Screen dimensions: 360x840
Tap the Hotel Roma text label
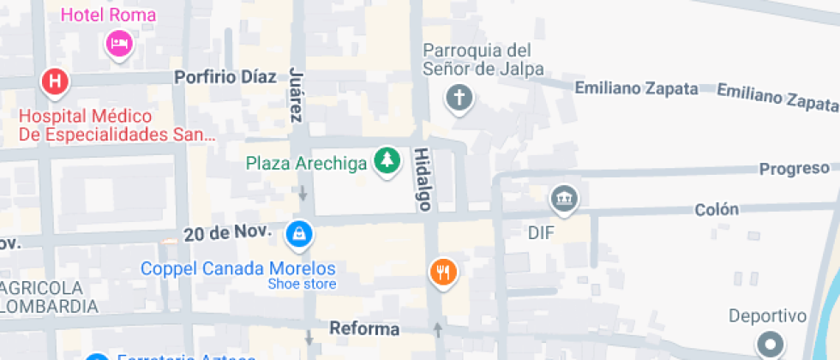(x=108, y=15)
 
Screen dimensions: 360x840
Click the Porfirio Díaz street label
(x=225, y=77)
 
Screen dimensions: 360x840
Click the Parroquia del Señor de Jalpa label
(x=477, y=59)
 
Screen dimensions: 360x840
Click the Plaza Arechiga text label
(x=307, y=162)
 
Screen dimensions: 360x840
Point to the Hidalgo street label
(x=423, y=178)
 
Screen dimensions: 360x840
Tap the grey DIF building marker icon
(x=565, y=199)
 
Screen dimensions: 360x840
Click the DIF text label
(x=543, y=232)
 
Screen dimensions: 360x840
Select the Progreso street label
(x=794, y=169)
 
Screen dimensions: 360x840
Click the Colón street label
(x=716, y=209)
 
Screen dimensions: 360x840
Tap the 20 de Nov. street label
(x=228, y=232)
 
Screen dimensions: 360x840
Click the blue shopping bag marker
(x=298, y=232)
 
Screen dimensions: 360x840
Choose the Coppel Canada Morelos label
(x=238, y=267)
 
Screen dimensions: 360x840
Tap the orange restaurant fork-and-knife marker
(x=443, y=273)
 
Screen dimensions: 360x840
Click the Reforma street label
(x=365, y=329)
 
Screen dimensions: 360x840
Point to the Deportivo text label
(x=768, y=316)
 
